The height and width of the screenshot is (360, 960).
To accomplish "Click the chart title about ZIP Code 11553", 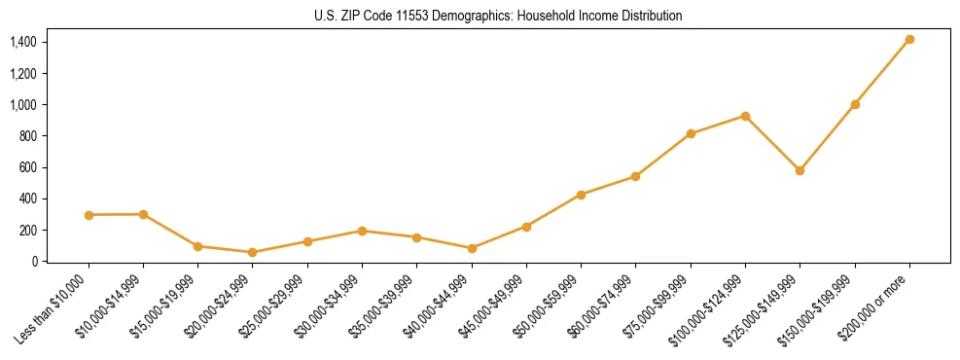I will coord(498,16).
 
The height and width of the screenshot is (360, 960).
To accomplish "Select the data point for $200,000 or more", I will coord(909,40).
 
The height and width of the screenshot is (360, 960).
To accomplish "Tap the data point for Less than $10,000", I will coord(89,215).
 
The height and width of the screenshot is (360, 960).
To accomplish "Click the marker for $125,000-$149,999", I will coord(800,170).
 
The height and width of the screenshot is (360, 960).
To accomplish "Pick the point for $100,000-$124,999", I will coord(745,116).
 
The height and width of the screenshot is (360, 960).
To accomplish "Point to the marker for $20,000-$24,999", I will coord(253,252).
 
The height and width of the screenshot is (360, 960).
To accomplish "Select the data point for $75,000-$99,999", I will coord(691,133).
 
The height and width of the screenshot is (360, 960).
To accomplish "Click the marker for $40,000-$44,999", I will coord(472,248).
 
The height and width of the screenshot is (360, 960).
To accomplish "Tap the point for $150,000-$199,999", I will coord(855,104).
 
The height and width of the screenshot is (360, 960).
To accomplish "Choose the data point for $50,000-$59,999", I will coord(581,195).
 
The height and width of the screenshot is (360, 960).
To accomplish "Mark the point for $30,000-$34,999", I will coord(362,231).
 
